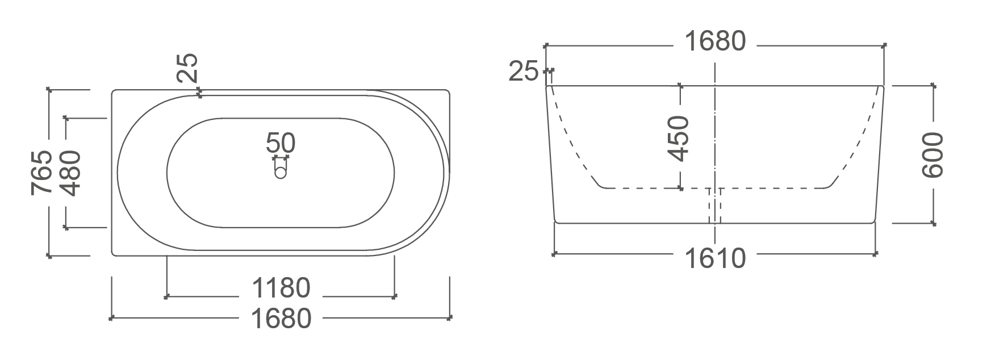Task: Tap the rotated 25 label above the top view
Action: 187,68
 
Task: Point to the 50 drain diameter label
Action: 281,143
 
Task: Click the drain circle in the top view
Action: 281,173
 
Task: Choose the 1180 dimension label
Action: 281,288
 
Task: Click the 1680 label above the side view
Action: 715,41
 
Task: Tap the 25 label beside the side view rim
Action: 523,72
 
